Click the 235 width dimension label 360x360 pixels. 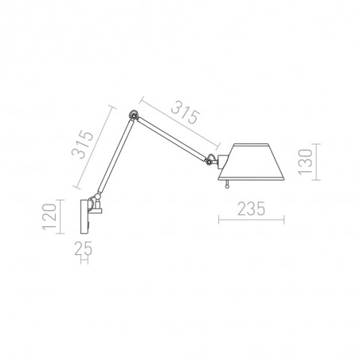click(x=251, y=209)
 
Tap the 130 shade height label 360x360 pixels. click(x=305, y=162)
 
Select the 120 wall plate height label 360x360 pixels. click(x=49, y=217)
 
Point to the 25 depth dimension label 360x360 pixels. click(x=83, y=248)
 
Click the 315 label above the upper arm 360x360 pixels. click(x=186, y=112)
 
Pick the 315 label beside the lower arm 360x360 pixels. click(x=83, y=144)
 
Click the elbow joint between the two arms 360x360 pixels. click(x=133, y=115)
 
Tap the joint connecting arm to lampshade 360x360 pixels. click(x=209, y=159)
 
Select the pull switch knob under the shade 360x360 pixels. click(x=227, y=185)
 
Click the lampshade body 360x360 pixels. click(x=251, y=162)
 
